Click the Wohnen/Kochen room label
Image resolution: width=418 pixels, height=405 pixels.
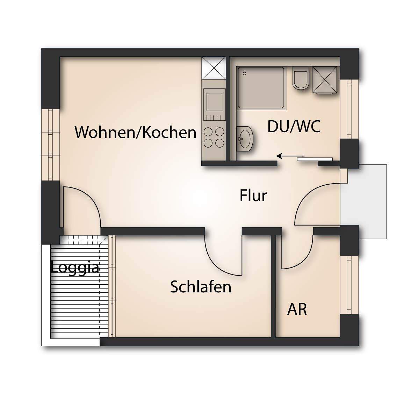(136, 133)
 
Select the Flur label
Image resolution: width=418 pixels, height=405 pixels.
(253, 196)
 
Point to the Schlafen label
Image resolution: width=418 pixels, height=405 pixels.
(201, 287)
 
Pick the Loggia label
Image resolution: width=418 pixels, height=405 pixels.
(75, 268)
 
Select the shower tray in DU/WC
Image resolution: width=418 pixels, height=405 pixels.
(261, 87)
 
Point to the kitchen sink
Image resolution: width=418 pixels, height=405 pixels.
(214, 100)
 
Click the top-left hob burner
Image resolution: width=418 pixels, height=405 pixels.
(208, 132)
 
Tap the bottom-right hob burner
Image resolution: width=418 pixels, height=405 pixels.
(219, 143)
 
